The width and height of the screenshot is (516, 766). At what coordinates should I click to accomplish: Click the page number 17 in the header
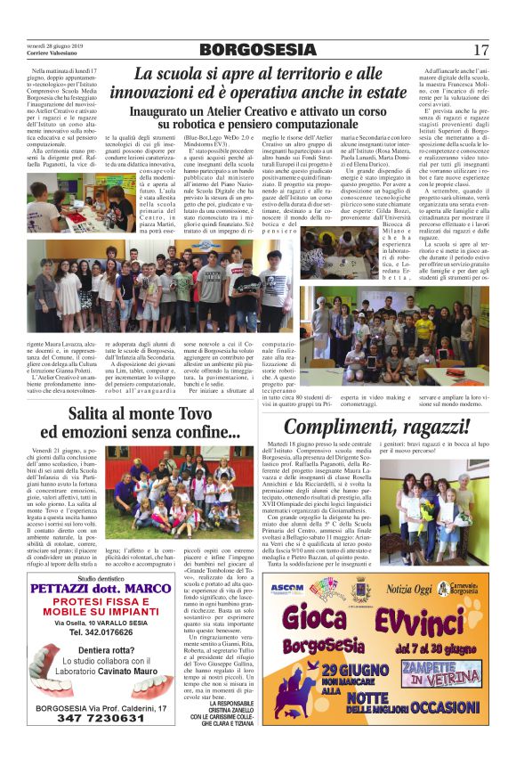(x=480, y=50)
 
